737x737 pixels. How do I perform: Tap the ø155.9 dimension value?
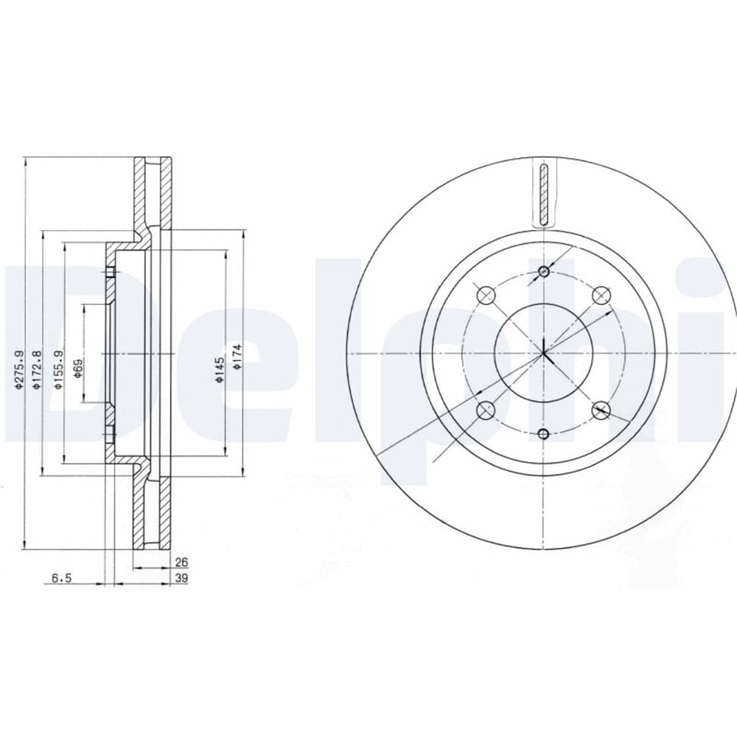59,370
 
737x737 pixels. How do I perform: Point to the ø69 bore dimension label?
78,369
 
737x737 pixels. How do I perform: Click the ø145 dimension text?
220,370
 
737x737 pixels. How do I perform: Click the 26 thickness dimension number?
181,562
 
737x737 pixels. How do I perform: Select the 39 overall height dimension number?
181,578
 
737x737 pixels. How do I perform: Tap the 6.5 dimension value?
61,578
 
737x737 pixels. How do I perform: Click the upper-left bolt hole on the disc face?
486,296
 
